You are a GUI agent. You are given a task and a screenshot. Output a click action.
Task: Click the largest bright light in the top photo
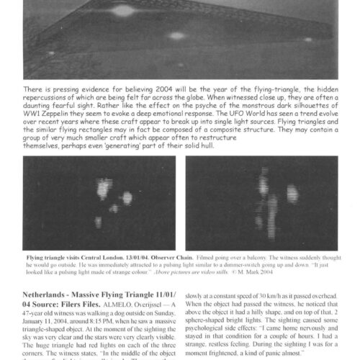[x=124, y=10]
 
